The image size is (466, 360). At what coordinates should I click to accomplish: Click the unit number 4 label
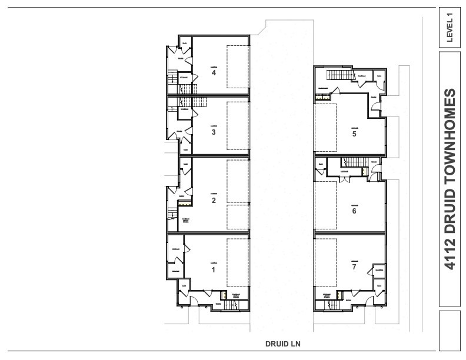coord(214,73)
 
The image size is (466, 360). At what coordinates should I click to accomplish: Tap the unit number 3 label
coord(214,132)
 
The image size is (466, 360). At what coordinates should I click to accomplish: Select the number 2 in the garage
coord(214,200)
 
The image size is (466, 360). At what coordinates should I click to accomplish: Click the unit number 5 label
coord(354,134)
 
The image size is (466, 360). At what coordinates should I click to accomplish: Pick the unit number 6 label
coord(354,211)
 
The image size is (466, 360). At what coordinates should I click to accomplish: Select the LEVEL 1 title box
coord(450,27)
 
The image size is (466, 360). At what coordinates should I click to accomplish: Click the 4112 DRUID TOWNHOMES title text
coord(450,179)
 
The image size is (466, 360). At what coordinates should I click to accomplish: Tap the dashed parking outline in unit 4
coord(238,66)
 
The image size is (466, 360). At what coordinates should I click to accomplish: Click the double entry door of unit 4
coord(175,56)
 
